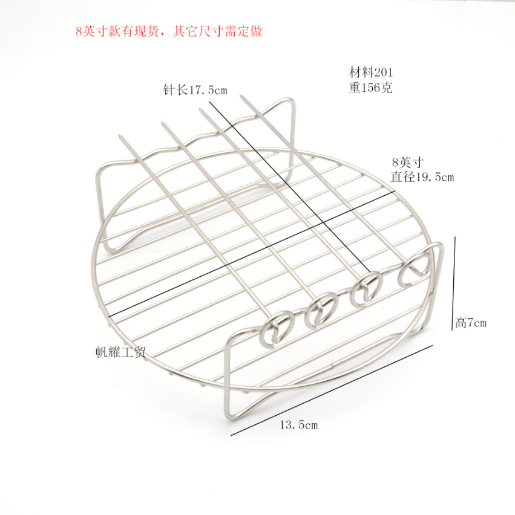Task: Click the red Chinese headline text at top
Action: pyautogui.click(x=169, y=31)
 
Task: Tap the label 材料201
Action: pyautogui.click(x=370, y=73)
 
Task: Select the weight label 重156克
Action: pyautogui.click(x=370, y=88)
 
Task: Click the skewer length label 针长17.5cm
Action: pyautogui.click(x=195, y=89)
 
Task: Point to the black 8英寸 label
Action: pyautogui.click(x=407, y=162)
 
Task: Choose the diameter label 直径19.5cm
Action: pyautogui.click(x=422, y=177)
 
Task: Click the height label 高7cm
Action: pyautogui.click(x=471, y=323)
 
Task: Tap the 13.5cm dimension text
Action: pyautogui.click(x=298, y=425)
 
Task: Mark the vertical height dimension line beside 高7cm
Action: pyautogui.click(x=453, y=283)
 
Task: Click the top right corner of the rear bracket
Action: pyautogui.click(x=291, y=100)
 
